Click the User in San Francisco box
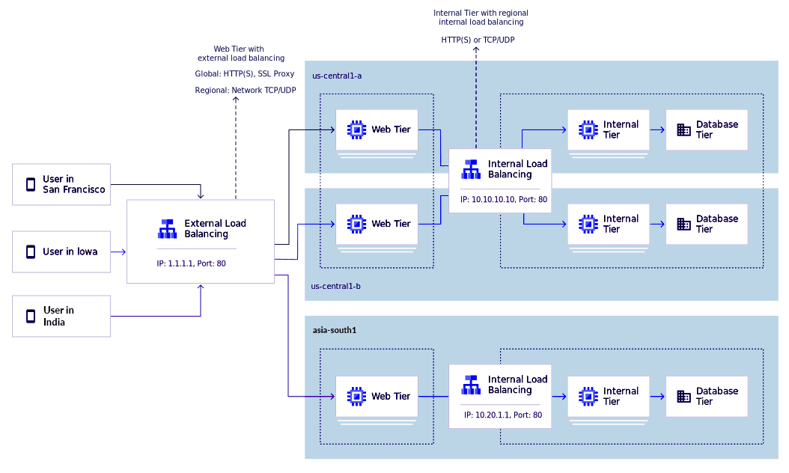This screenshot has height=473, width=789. (x=61, y=184)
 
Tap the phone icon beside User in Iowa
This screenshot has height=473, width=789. (x=31, y=251)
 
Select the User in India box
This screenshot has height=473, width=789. (x=61, y=316)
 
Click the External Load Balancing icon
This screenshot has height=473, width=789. (x=168, y=228)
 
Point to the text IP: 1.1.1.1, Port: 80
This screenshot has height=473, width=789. (x=191, y=263)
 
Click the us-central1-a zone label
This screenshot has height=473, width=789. (x=337, y=76)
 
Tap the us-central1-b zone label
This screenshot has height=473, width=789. (x=336, y=286)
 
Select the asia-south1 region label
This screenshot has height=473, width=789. (x=334, y=330)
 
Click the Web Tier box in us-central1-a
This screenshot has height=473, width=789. (x=377, y=129)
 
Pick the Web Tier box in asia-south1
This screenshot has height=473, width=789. (x=377, y=396)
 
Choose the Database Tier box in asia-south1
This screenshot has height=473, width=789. (x=707, y=396)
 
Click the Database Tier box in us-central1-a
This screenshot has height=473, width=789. (x=707, y=129)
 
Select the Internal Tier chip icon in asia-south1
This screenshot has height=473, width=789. (x=588, y=396)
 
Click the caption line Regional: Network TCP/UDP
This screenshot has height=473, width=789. (x=245, y=90)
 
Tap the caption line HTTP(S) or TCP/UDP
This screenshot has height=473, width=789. (x=477, y=39)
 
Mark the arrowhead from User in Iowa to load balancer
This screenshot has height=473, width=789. (x=124, y=251)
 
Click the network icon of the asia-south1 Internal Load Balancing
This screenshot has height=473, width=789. (x=471, y=385)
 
